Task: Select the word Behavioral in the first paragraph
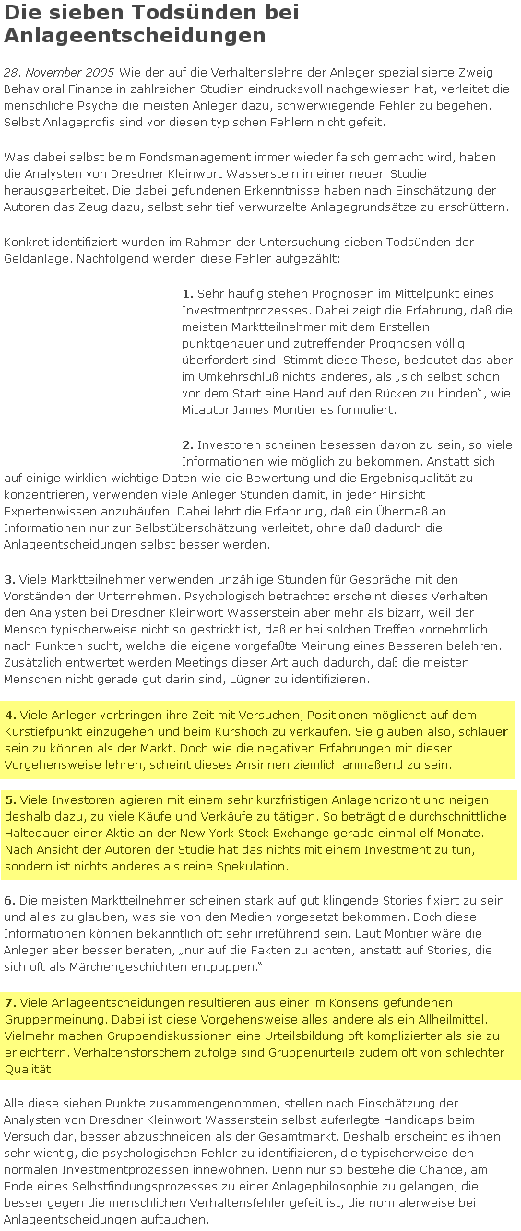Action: [x=35, y=89]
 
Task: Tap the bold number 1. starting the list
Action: [x=188, y=293]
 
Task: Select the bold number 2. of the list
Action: [x=188, y=444]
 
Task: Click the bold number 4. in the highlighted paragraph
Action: [x=10, y=715]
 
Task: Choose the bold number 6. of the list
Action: [x=10, y=899]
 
